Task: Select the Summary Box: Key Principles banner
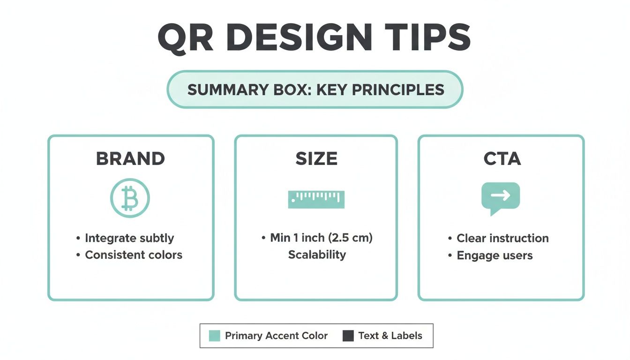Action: [x=315, y=90]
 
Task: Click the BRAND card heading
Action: [x=130, y=159]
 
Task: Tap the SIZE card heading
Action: [x=316, y=159]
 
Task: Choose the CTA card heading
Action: [x=502, y=159]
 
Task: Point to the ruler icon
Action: [x=316, y=199]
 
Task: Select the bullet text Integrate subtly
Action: [x=129, y=238]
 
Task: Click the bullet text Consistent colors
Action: [x=134, y=255]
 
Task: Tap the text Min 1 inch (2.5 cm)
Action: [x=321, y=238]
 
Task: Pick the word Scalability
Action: [x=317, y=255]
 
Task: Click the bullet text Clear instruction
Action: [x=502, y=238]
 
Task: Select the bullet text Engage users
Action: [x=495, y=255]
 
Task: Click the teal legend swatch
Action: [x=214, y=336]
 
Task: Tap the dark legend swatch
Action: [x=348, y=336]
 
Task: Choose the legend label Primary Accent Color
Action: [x=276, y=336]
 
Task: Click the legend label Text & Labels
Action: [x=390, y=336]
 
